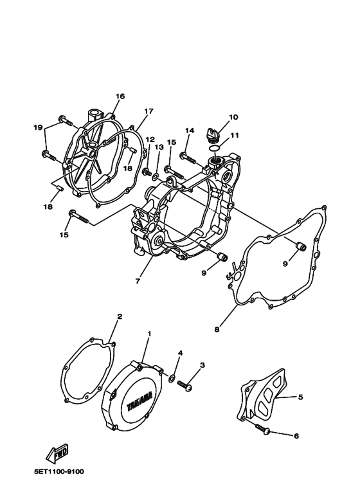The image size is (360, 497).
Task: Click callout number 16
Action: (120, 96)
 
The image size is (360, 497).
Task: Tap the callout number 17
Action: (148, 111)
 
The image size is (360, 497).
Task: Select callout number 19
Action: (38, 127)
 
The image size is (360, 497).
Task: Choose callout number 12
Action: (150, 139)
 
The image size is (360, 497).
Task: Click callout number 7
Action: (137, 281)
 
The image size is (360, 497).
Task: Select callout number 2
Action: (120, 317)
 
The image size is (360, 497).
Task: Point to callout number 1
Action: (150, 334)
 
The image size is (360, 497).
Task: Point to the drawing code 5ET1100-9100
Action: (59, 472)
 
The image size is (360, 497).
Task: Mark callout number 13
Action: (159, 147)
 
